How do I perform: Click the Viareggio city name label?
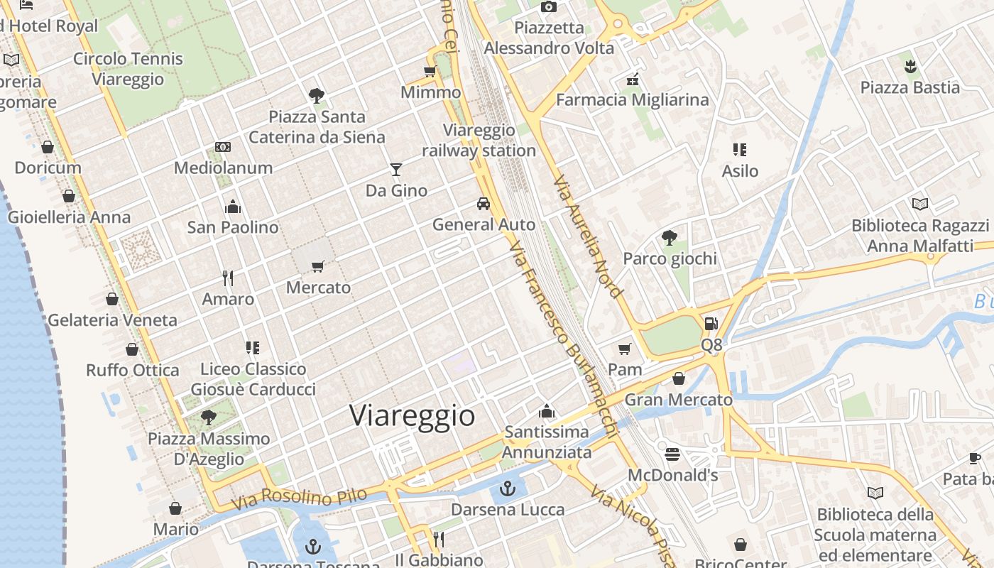(412, 415)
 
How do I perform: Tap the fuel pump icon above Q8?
(711, 324)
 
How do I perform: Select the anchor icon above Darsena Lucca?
(507, 488)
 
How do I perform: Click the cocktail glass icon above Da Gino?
(396, 170)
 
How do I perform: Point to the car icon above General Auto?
(484, 204)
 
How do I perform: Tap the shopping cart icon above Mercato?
(318, 266)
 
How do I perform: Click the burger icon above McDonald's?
(672, 454)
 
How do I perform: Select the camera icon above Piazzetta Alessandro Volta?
(549, 7)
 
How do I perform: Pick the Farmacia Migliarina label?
(632, 100)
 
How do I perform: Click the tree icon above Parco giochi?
(669, 237)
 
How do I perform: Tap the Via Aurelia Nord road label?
(587, 236)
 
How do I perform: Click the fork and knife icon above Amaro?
(228, 278)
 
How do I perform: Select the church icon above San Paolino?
(233, 207)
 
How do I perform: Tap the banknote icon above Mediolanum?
(223, 147)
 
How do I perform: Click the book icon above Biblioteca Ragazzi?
(920, 204)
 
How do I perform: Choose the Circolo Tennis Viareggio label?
(128, 69)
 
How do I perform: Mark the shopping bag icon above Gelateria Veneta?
(112, 299)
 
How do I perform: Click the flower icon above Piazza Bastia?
(910, 67)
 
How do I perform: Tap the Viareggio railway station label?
(479, 141)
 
